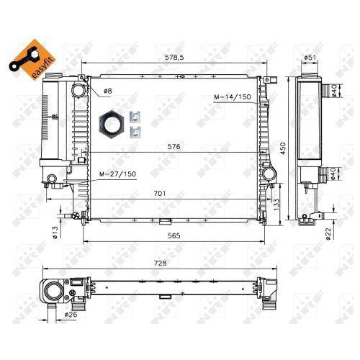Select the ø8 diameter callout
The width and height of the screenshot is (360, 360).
point(107,91)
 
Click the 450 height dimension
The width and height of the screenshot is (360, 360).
point(283,148)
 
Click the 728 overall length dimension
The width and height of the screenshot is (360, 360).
point(160,264)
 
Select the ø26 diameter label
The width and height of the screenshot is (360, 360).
point(71,315)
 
